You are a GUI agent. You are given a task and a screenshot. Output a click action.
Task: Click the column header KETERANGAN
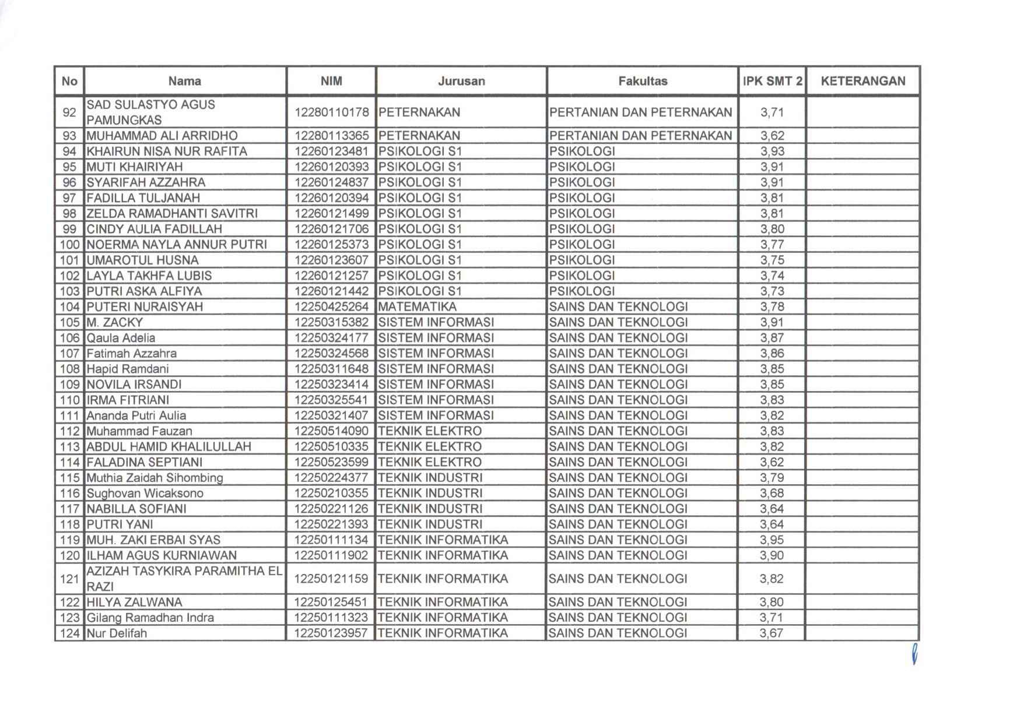point(863,81)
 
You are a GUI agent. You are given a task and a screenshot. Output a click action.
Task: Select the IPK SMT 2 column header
point(772,81)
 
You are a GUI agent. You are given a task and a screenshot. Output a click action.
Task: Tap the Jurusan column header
point(461,81)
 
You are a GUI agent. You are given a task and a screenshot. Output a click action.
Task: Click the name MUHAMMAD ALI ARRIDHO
point(162,136)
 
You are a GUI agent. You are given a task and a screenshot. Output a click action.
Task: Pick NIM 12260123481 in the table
point(331,152)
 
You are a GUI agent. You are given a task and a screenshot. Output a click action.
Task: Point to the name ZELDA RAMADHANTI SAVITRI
point(172,213)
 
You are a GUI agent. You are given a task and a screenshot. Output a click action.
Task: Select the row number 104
point(69,307)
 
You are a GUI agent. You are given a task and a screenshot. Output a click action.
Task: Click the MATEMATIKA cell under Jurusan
point(418,307)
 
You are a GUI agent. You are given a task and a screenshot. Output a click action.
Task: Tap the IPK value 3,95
point(772,540)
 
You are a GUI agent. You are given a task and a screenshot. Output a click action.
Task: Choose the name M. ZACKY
point(115,322)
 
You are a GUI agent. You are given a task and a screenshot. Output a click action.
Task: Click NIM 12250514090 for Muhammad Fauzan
point(331,431)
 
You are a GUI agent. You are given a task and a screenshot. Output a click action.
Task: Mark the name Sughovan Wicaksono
point(145,493)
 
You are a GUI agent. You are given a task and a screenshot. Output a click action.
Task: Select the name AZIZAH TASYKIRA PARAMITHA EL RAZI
point(184,579)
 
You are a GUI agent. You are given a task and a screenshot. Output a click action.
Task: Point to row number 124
point(69,633)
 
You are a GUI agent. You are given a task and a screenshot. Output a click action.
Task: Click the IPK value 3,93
point(772,152)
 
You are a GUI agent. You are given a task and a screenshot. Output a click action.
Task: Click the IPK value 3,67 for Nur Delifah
point(772,633)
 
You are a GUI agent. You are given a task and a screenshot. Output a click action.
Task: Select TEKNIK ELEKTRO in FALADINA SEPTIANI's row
point(430,462)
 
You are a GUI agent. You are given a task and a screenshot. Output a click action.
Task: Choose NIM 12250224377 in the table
point(331,478)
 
